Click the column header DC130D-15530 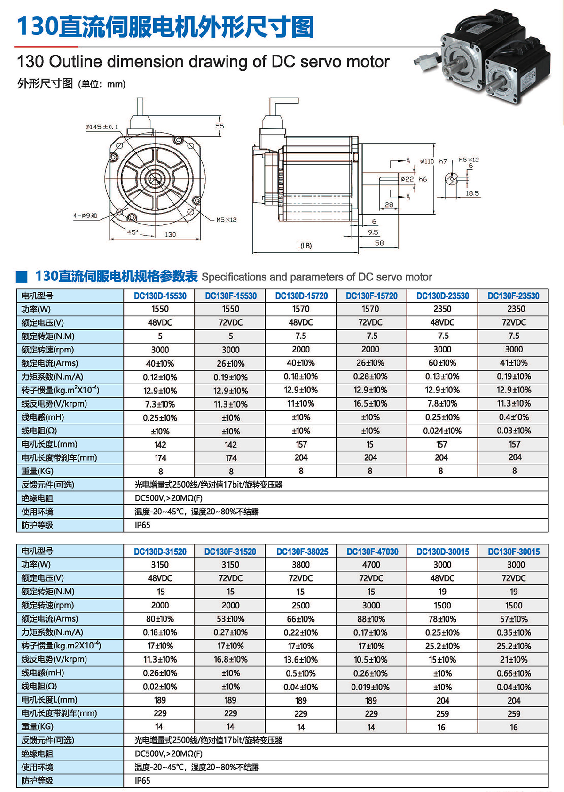[160, 296]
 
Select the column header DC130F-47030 [372, 552]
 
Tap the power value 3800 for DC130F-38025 [301, 565]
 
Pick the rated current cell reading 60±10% [442, 363]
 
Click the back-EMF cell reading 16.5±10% [370, 404]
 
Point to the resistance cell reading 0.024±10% [442, 431]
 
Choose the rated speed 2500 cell [301, 605]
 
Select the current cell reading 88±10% [371, 619]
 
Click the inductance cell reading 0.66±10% [514, 673]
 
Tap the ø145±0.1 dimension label [102, 127]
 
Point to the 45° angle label [133, 232]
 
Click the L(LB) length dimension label [304, 246]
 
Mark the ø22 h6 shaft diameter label [414, 179]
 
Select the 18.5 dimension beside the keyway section [472, 193]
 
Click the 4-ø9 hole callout [85, 216]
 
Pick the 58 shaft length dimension [379, 243]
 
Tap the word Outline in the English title [76, 62]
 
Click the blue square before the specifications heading [22, 277]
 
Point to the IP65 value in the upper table [142, 525]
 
